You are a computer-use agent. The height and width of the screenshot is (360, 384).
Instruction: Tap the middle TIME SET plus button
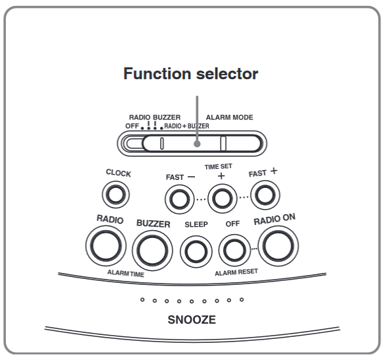(221, 197)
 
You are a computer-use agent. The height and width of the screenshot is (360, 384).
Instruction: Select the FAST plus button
(264, 195)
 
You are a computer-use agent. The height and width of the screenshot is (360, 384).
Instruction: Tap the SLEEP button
(195, 249)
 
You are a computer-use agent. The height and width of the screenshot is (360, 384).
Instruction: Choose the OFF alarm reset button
(233, 249)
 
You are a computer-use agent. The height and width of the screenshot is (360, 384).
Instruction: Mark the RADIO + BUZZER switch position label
(186, 125)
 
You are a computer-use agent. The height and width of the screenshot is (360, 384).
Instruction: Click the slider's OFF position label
(132, 125)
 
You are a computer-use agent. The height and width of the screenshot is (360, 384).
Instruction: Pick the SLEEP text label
(196, 224)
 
